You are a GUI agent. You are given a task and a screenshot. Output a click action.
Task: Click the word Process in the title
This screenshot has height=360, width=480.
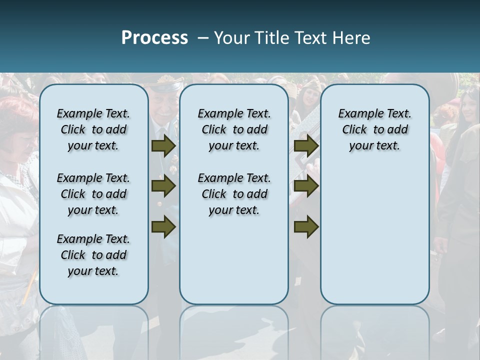154,37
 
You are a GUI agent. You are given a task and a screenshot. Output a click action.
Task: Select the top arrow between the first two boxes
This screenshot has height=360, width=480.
163,146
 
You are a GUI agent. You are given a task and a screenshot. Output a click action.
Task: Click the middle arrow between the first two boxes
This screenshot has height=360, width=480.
163,186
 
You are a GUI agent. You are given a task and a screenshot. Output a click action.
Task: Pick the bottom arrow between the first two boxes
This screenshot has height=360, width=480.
163,227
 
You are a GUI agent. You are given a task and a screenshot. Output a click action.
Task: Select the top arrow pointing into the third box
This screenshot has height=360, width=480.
306,146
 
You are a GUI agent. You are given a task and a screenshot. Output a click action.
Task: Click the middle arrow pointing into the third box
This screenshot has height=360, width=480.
306,186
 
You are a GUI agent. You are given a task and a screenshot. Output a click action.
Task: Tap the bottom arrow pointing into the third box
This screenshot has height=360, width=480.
306,227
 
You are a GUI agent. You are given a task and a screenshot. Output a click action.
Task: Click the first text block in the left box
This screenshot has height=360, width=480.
93,129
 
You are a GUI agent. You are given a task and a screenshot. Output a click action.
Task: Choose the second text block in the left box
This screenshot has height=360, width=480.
93,194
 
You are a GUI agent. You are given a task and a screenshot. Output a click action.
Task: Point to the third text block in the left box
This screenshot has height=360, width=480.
93,255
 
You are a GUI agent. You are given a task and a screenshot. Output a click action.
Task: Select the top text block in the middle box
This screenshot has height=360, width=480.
234,129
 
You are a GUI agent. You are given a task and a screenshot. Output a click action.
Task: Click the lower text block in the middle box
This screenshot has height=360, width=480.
234,194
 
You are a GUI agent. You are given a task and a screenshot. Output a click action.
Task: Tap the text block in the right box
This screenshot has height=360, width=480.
375,129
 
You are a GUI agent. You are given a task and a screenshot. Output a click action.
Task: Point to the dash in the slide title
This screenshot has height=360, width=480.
203,37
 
